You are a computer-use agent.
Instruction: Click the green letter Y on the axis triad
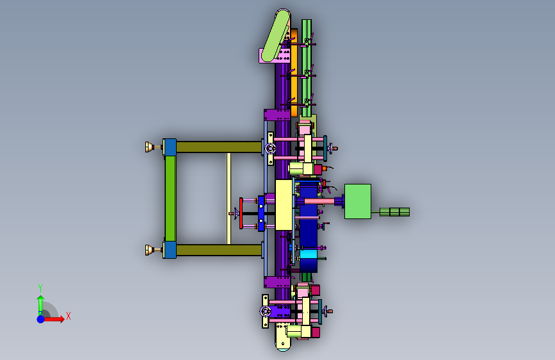pyautogui.click(x=40, y=288)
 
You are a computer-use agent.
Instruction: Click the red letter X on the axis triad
pyautogui.click(x=68, y=316)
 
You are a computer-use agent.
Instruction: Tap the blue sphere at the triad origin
pyautogui.click(x=41, y=319)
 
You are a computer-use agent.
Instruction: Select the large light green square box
pyautogui.click(x=358, y=201)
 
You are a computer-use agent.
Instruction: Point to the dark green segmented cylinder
pyautogui.click(x=395, y=212)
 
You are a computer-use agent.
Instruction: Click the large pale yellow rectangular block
pyautogui.click(x=284, y=205)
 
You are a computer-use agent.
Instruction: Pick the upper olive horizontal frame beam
pyautogui.click(x=219, y=147)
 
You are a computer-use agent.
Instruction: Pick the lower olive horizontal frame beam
pyautogui.click(x=219, y=250)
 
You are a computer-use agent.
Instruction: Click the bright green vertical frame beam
pyautogui.click(x=170, y=199)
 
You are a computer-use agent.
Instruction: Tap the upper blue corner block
pyautogui.click(x=170, y=147)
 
